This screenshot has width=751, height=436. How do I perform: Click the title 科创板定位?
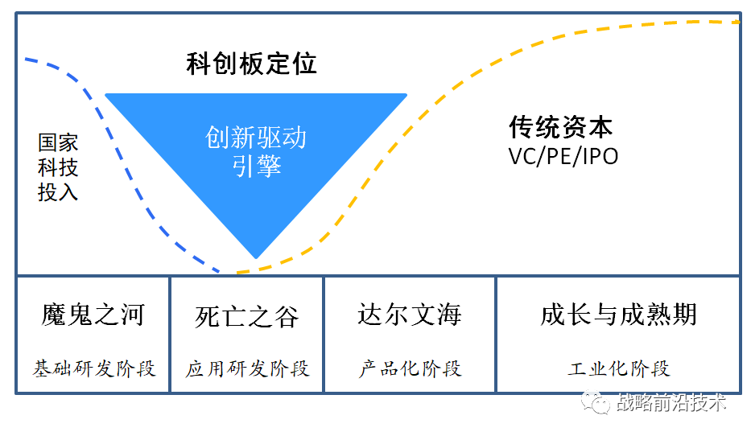[x=251, y=64]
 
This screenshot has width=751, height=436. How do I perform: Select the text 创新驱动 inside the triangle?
[x=255, y=138]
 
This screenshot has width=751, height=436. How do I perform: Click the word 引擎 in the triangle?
[x=255, y=166]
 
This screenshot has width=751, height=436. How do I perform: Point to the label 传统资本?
[x=560, y=127]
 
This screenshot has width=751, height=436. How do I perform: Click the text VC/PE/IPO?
[x=563, y=155]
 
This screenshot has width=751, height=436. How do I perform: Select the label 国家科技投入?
[x=58, y=167]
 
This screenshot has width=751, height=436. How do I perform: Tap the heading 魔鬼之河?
[x=93, y=315]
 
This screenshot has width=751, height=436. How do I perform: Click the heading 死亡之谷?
[x=247, y=315]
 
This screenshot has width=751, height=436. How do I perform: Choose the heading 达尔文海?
[x=410, y=315]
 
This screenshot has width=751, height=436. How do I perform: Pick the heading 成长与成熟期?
[x=618, y=315]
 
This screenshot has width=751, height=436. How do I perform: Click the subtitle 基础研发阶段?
[x=93, y=368]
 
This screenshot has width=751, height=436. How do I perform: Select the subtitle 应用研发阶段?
[x=247, y=368]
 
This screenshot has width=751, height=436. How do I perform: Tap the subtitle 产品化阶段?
[x=410, y=368]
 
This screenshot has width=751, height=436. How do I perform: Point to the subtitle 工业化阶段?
[x=618, y=368]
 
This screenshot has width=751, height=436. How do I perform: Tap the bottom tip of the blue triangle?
[x=256, y=257]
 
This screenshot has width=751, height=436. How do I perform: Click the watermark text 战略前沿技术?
[x=671, y=402]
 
